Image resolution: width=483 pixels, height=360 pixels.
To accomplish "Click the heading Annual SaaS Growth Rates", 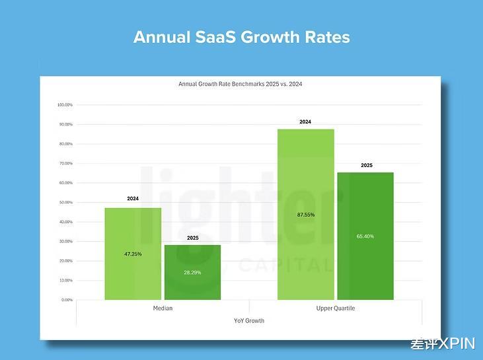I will coord(241,36).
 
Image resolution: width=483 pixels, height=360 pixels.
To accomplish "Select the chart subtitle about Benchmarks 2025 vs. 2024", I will coord(241,85).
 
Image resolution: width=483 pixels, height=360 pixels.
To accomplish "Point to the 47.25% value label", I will coord(133,254).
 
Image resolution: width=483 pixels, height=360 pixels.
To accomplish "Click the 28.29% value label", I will coord(192,271).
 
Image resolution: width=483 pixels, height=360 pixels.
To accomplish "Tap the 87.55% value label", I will coord(306,215).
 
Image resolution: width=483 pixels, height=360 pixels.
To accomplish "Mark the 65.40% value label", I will coord(365,236).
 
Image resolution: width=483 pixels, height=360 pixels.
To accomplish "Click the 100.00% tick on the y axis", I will coord(65,105).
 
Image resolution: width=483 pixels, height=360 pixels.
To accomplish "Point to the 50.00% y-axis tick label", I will coord(65,202).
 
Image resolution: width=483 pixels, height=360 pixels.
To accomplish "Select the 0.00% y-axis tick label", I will coord(67,300).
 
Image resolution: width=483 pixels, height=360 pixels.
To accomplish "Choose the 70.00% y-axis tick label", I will coord(65,163).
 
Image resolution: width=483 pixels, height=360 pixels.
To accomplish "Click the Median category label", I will coord(163,308).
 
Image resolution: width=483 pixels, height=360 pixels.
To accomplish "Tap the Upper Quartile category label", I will coord(336,308).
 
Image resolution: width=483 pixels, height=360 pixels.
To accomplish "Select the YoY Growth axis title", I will coord(249,320).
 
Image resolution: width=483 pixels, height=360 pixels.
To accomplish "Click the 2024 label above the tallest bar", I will coord(305,122).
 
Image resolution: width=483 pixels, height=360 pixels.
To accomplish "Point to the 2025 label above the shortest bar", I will coord(193,238).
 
